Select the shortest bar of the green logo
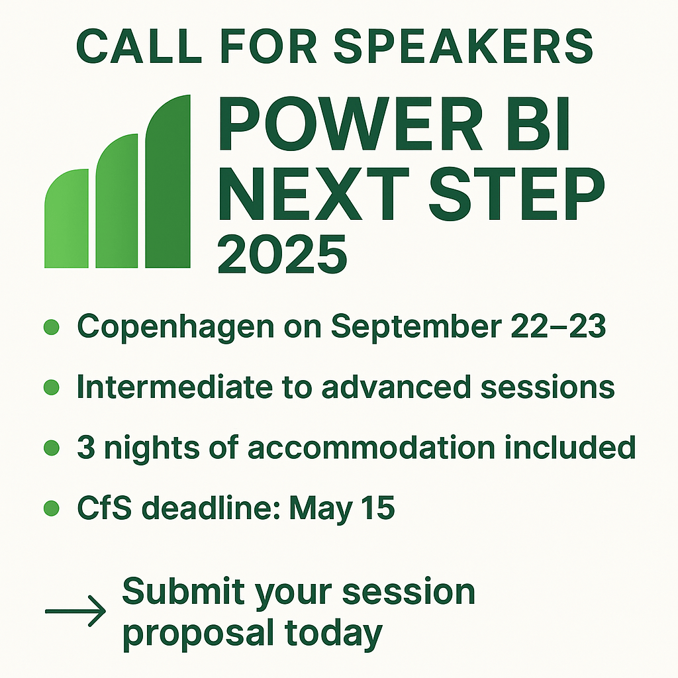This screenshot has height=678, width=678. tap(67, 218)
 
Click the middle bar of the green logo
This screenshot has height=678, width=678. tap(117, 201)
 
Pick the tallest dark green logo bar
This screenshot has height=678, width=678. tap(168, 181)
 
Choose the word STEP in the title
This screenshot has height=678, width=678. tap(517, 194)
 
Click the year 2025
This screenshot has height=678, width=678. tap(282, 254)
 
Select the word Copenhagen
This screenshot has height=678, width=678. tap(175, 327)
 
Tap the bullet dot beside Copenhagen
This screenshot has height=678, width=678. tap(52, 327)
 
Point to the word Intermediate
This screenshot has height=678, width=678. tap(175, 387)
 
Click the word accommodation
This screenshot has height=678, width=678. tap(371, 447)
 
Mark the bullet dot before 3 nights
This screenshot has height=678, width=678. tap(52, 448)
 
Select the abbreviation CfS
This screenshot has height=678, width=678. tap(104, 507)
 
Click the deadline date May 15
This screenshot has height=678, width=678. tap(342, 508)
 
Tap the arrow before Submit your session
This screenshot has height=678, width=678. tap(75, 611)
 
